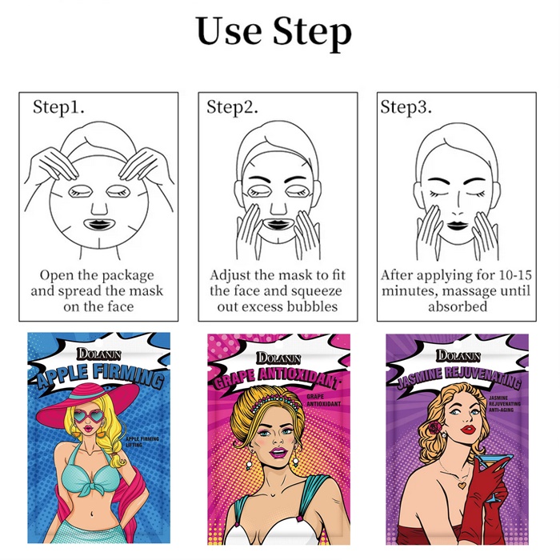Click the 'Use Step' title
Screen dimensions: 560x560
pos(274,31)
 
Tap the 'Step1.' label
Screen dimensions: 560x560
pos(58,106)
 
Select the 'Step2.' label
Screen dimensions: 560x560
pos(232,106)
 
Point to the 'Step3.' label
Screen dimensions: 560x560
pos(406,106)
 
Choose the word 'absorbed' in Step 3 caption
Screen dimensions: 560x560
pos(458,306)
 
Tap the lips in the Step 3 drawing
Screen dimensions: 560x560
pos(458,226)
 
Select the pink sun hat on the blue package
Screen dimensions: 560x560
pos(88,402)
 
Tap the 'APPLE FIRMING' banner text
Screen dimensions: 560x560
pos(98,377)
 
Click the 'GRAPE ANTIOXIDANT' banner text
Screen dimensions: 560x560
pos(276,377)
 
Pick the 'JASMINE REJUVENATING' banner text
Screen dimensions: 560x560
pos(459,376)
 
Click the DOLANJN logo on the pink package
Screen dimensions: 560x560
pos(278,358)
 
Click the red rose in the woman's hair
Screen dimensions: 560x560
pos(434,427)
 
